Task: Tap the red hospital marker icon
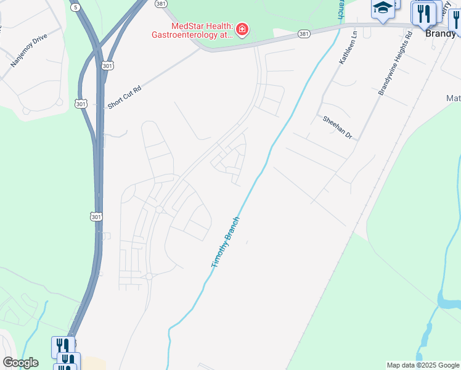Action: pos(242,30)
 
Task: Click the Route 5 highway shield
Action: pos(75,7)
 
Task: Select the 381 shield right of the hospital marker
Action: pos(303,33)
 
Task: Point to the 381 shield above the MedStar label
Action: pos(161,4)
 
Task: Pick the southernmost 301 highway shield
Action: pos(94,216)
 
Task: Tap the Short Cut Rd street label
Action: pos(124,97)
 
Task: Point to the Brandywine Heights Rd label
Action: pos(394,68)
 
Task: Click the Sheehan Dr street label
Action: pos(336,126)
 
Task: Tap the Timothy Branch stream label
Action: pos(225,242)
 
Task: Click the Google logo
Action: pos(20,363)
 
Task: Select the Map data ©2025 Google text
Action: pos(423,365)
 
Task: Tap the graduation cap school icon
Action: pos(383,9)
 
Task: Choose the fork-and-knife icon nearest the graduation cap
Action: pos(423,12)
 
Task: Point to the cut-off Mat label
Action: pos(453,98)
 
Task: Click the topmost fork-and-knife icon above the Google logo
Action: pos(63,345)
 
